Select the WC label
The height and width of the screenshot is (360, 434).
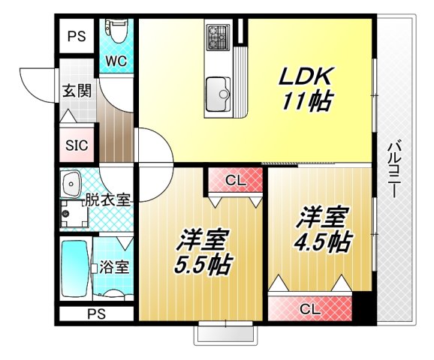(116, 60)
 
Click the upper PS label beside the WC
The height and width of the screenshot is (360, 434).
(77, 36)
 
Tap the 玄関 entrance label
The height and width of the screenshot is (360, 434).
(75, 91)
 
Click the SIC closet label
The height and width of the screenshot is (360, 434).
(77, 145)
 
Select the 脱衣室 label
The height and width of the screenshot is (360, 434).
(108, 200)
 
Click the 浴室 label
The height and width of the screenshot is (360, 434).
(114, 266)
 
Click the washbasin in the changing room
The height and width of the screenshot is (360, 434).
(72, 183)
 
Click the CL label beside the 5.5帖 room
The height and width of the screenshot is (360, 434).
(234, 180)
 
